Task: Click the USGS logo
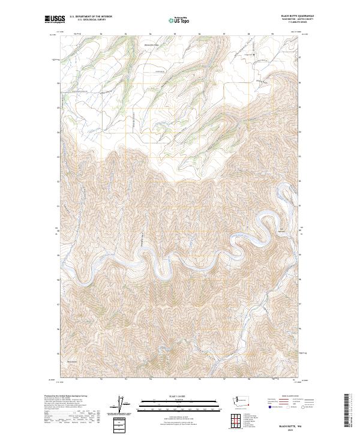click(x=55, y=19)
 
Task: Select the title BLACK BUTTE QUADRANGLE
click(x=297, y=16)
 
